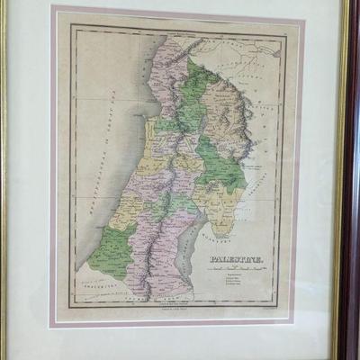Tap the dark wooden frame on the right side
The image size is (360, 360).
[x=346, y=180]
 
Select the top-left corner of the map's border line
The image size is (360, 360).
[x=72, y=27]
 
